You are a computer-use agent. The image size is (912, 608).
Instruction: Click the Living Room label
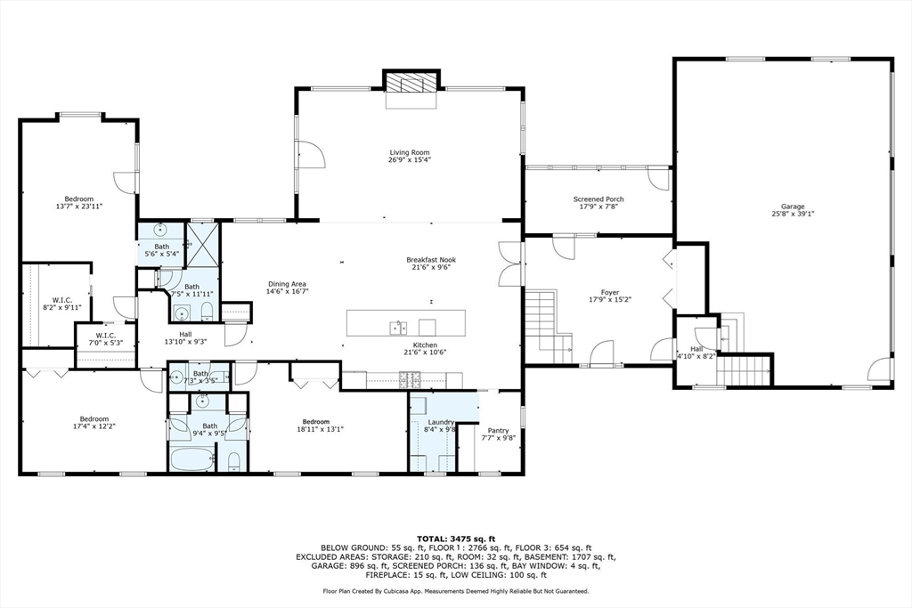[x=409, y=152]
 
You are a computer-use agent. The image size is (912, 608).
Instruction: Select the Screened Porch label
[x=598, y=199]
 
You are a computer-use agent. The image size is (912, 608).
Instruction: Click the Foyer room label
[x=610, y=292]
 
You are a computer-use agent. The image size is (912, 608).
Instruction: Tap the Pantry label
[x=498, y=430]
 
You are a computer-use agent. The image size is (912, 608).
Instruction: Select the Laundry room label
[x=441, y=422]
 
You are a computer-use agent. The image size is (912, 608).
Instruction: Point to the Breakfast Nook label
[x=434, y=259]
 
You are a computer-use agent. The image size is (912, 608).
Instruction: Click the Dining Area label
[x=287, y=284]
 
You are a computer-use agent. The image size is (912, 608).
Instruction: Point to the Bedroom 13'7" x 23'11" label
[x=78, y=199]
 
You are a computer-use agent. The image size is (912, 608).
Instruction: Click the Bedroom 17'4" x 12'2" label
[x=94, y=419]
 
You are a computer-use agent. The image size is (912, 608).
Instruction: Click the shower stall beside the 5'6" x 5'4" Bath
[x=201, y=241]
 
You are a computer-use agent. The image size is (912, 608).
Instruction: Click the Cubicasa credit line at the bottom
[x=455, y=591]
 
